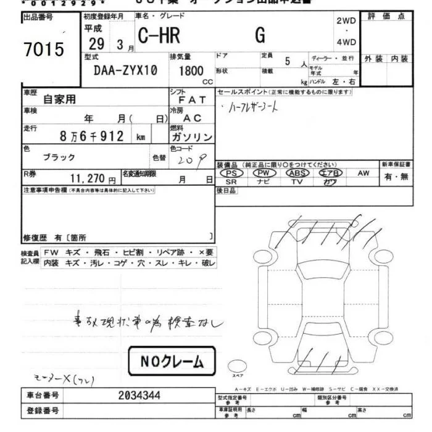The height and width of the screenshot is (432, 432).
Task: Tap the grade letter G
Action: click(x=260, y=37)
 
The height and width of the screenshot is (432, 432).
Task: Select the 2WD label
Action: click(x=346, y=20)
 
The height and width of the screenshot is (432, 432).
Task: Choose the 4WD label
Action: click(x=346, y=42)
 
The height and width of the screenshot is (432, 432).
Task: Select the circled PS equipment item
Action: click(x=231, y=173)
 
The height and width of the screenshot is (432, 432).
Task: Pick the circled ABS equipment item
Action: click(x=297, y=173)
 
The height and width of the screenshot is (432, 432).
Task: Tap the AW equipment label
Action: click(x=363, y=173)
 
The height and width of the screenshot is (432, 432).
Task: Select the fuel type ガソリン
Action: click(x=191, y=137)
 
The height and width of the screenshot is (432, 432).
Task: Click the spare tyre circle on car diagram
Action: click(x=237, y=364)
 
